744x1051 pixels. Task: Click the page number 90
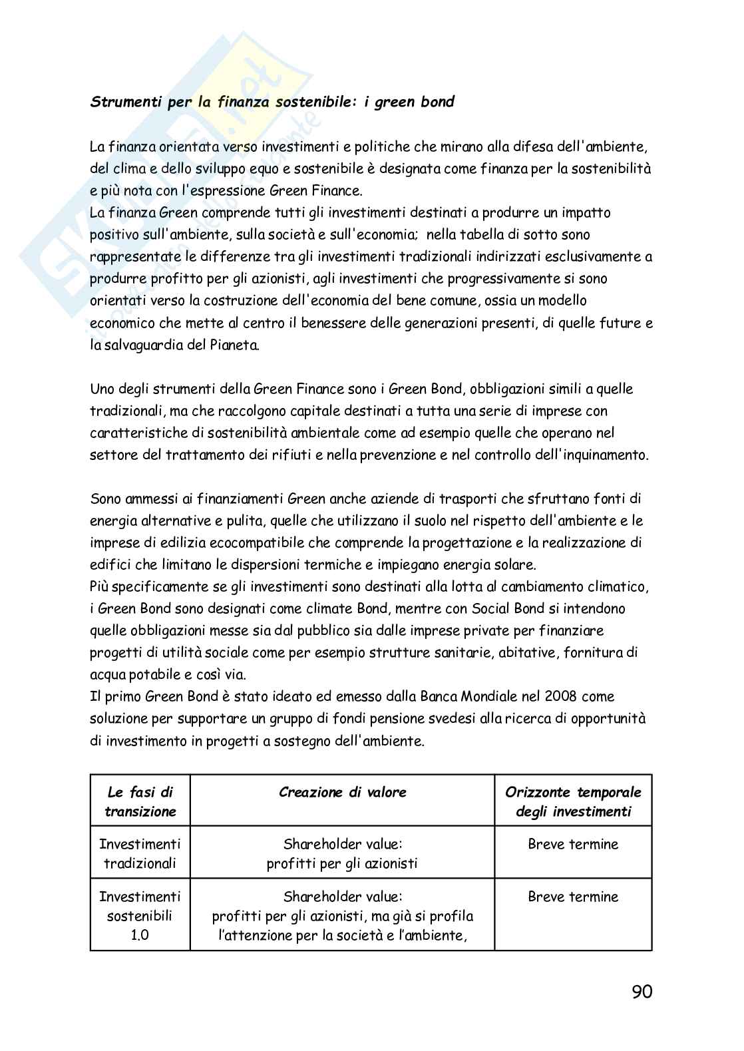(642, 992)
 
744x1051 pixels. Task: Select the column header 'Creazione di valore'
(342, 792)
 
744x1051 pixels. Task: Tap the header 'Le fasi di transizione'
(140, 802)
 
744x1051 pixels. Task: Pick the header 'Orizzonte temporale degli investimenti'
(573, 802)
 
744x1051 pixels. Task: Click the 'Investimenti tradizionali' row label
(140, 854)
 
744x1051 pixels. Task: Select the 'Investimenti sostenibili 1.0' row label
(140, 915)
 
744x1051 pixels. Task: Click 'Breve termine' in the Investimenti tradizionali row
(573, 844)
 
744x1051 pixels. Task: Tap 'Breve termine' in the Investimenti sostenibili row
(573, 897)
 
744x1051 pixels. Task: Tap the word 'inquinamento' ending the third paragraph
(605, 455)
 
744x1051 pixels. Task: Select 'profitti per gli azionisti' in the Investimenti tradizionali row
(342, 864)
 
